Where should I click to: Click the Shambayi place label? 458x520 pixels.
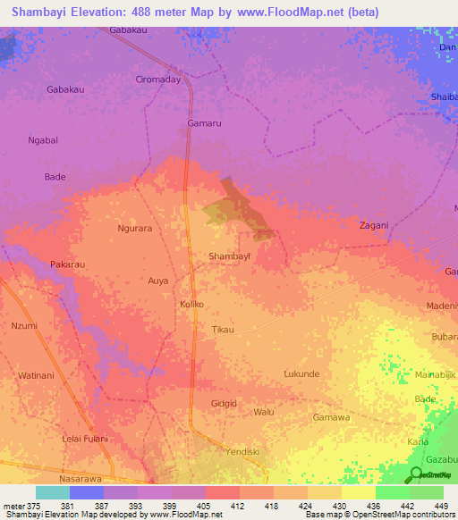click(x=229, y=256)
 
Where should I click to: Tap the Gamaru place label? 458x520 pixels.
click(x=204, y=122)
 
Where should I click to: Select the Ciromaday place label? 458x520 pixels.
click(x=158, y=79)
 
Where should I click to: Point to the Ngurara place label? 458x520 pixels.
click(x=135, y=228)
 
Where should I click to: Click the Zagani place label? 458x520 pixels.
click(x=373, y=225)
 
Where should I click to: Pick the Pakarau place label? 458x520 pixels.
click(x=67, y=265)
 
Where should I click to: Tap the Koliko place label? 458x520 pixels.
click(x=192, y=305)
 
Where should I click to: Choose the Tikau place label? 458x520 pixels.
click(x=223, y=330)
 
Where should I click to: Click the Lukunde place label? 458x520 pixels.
click(x=301, y=373)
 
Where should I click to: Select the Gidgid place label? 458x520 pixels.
click(x=224, y=404)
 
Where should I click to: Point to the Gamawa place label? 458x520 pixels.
click(x=330, y=417)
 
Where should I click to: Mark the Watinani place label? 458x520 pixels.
click(x=37, y=375)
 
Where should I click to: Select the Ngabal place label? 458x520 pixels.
click(x=43, y=140)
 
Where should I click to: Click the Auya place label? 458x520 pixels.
click(x=158, y=281)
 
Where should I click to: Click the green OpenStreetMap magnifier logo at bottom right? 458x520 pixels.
click(x=415, y=474)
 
